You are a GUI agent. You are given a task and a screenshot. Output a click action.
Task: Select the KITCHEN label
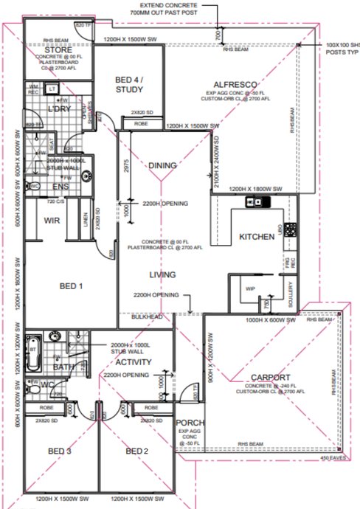257,237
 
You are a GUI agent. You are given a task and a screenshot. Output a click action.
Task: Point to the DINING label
162,166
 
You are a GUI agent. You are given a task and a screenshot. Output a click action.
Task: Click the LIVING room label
162,274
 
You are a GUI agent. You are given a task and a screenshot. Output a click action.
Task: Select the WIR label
52,221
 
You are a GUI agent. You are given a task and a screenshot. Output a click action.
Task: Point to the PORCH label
185,423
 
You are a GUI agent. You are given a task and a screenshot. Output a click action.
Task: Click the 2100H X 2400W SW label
218,164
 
